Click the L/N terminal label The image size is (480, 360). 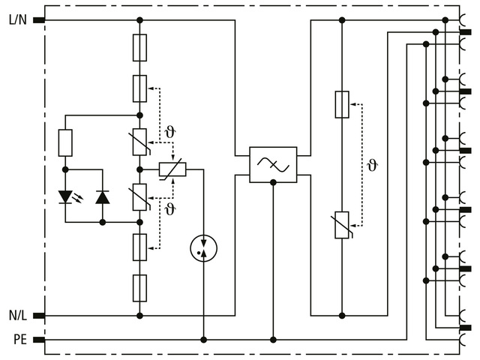[x=17, y=20]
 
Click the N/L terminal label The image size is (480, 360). [x=17, y=316]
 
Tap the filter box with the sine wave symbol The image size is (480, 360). [x=273, y=165]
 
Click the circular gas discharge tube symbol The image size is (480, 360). [x=203, y=248]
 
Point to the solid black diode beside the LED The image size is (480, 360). [x=103, y=197]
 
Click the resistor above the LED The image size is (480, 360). [x=65, y=142]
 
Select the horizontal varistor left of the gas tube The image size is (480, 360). [x=172, y=169]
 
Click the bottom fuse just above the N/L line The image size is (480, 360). [x=139, y=287]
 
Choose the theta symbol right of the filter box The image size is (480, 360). [x=372, y=165]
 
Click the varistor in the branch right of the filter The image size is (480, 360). [x=342, y=224]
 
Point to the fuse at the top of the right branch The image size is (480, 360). [x=342, y=104]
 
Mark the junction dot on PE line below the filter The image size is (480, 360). [x=273, y=340]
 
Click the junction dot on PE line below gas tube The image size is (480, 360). [x=203, y=340]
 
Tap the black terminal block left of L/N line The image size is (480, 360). [x=39, y=20]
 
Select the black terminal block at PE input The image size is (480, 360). [x=39, y=340]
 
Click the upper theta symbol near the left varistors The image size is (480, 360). [x=170, y=133]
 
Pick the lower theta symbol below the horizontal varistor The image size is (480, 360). [x=170, y=208]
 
